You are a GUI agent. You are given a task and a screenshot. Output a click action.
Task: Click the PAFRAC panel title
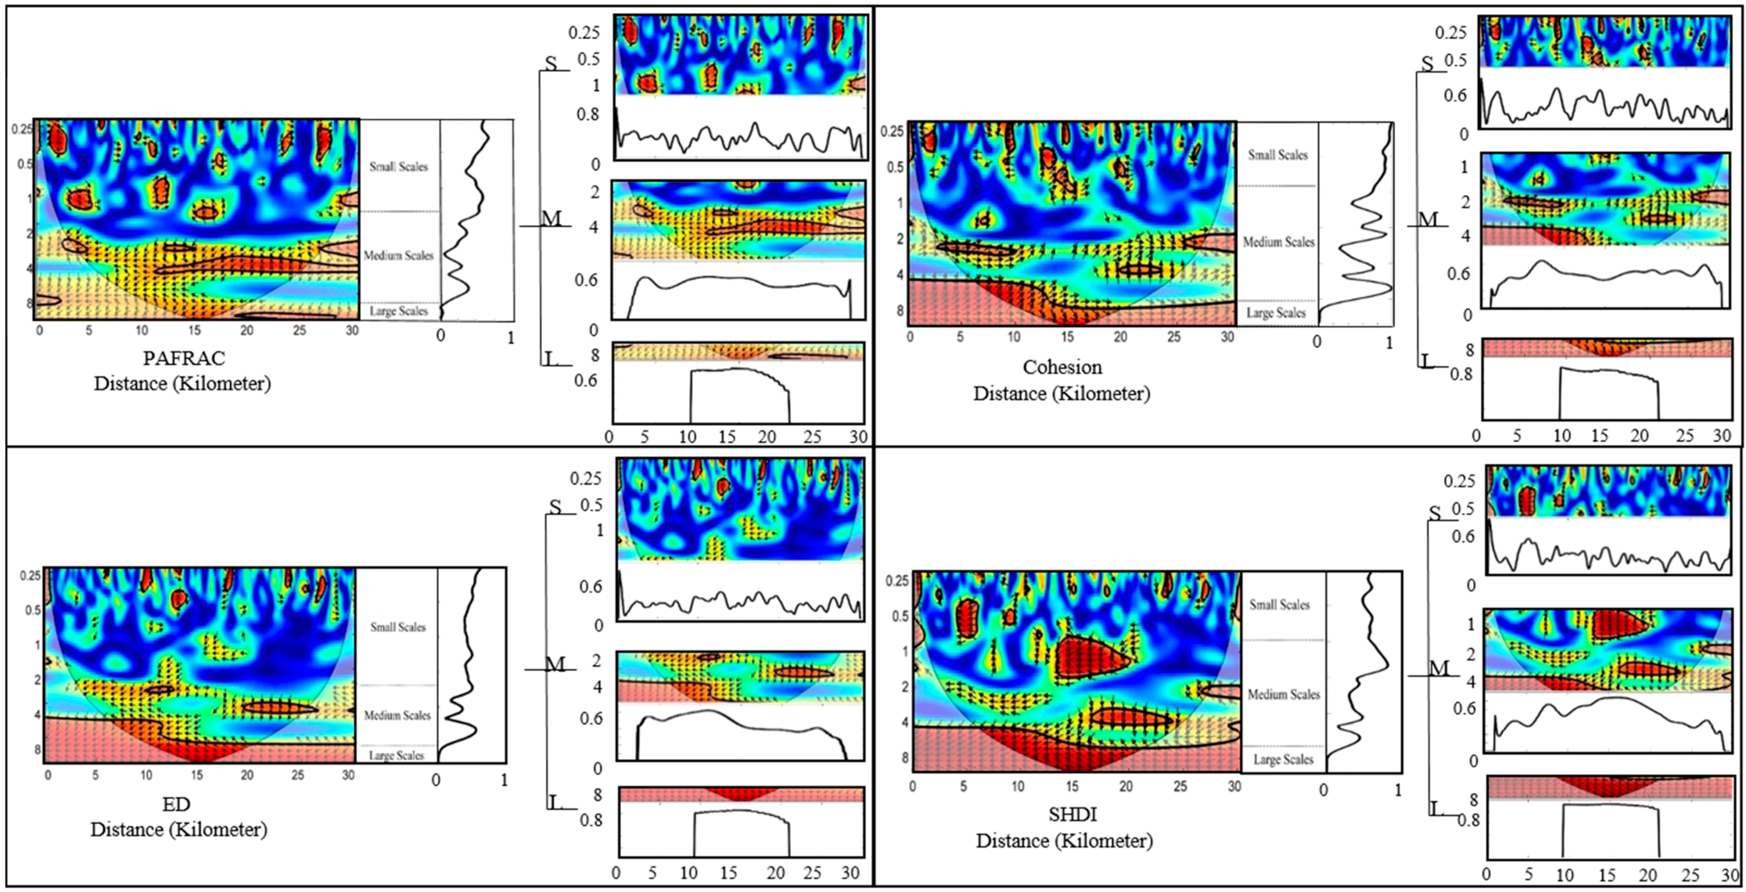(184, 357)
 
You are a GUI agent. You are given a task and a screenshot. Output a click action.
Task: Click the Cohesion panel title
(1062, 367)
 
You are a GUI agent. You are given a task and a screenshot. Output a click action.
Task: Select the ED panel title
(176, 804)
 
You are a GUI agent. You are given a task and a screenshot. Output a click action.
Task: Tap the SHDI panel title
(1072, 814)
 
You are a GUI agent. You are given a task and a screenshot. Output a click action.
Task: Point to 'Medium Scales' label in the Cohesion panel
(1278, 242)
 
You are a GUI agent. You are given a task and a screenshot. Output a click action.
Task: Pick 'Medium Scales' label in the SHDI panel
(1284, 694)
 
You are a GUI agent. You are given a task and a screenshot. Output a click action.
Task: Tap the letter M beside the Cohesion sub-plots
(1427, 219)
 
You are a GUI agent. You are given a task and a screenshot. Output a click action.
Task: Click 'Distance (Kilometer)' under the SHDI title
(1064, 841)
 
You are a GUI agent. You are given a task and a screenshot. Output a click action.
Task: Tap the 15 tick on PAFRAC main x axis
(194, 331)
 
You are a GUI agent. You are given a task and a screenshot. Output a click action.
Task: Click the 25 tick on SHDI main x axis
(1180, 786)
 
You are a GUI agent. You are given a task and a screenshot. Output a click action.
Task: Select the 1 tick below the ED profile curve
(503, 780)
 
